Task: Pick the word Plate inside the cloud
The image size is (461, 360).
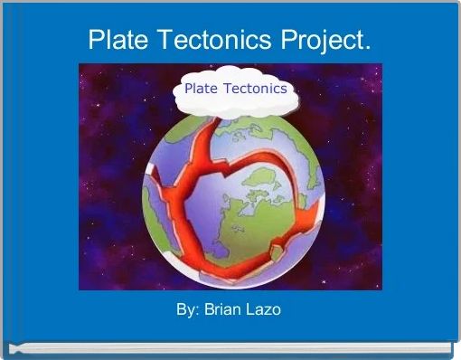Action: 203,89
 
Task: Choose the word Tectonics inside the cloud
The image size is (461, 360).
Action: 257,89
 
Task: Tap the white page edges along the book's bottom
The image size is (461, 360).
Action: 230,348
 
